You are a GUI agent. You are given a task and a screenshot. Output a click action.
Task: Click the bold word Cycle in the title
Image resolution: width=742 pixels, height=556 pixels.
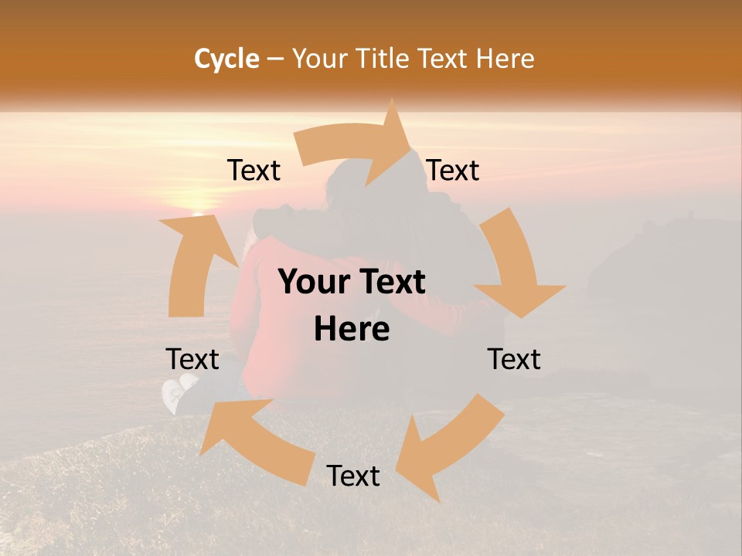pos(226,59)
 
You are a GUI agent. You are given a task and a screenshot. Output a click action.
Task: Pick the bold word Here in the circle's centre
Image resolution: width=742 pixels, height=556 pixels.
pos(352,330)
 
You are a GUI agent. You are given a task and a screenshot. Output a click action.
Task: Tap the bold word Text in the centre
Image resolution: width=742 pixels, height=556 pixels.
pos(393,283)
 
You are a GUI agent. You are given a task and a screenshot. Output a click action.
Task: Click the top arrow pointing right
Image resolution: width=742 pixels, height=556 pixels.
pos(356,143)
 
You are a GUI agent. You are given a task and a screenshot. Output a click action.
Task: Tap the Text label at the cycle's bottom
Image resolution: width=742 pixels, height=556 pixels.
pos(353,476)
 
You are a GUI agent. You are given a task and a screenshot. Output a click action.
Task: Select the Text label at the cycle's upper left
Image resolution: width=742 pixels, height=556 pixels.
pos(254,171)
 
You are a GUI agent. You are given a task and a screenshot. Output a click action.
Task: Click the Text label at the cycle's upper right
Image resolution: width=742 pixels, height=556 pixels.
pos(453,171)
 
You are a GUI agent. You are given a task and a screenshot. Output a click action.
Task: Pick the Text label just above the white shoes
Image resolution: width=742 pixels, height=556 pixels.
pos(192,359)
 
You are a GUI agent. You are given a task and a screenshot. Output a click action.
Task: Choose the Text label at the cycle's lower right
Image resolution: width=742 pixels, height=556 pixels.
pos(514,359)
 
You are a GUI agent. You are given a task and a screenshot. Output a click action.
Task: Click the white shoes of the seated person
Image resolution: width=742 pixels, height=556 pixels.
pos(178,392)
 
